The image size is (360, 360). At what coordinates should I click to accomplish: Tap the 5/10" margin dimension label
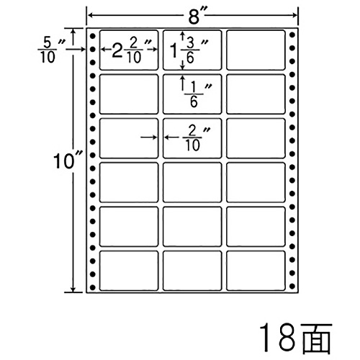click(51, 50)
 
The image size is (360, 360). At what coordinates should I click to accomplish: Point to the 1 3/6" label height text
click(189, 50)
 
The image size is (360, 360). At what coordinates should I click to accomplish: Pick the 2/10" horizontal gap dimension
click(197, 138)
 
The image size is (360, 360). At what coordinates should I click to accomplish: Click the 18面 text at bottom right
click(295, 339)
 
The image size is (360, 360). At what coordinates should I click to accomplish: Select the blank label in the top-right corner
click(256, 50)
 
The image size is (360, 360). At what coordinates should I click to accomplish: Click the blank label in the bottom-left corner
click(129, 271)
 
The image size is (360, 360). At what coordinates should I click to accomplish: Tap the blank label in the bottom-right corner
click(256, 271)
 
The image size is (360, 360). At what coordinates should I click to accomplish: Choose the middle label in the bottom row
click(192, 271)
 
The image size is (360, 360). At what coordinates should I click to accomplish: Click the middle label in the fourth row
click(192, 182)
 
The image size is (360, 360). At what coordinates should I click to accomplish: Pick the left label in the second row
click(129, 94)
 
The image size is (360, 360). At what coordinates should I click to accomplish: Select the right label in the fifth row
click(256, 227)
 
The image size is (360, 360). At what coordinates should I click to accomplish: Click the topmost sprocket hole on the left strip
click(93, 37)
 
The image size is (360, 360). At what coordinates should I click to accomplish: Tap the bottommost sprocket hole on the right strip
click(292, 286)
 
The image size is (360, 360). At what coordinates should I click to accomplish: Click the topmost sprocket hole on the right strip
click(292, 35)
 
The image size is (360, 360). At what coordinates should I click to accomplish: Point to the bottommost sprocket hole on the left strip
click(93, 287)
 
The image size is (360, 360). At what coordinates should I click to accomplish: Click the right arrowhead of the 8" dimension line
click(295, 16)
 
